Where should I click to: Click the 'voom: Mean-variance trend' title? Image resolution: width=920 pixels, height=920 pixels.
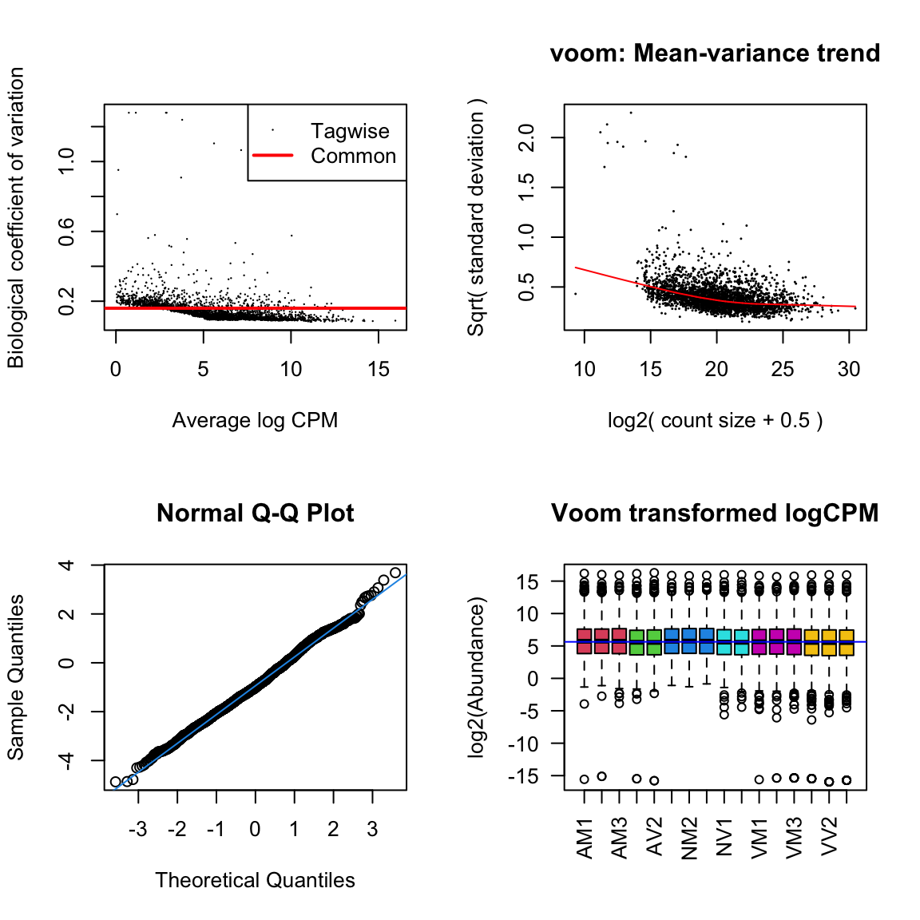click(715, 54)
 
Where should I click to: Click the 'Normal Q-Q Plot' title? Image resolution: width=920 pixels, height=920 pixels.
click(255, 513)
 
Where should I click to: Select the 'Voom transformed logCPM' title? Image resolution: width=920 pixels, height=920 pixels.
click(715, 513)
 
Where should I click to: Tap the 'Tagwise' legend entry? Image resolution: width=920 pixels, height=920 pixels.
click(350, 131)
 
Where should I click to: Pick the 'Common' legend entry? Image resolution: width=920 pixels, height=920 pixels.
click(353, 156)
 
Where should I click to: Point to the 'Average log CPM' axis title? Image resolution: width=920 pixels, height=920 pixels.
click(255, 420)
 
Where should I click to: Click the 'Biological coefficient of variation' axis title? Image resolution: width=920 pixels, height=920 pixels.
click(16, 217)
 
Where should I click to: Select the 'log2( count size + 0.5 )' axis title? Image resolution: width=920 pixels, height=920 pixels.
click(715, 420)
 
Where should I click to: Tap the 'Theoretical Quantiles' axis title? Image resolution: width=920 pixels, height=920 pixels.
click(255, 880)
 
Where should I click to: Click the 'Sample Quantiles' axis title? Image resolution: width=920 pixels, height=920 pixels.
click(16, 677)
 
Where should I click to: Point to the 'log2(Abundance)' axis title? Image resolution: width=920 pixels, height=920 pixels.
click(477, 677)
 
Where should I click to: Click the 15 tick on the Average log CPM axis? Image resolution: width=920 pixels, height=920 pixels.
click(379, 369)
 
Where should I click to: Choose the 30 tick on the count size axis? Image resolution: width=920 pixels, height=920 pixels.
click(849, 369)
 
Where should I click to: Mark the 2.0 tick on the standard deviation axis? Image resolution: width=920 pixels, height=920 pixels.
click(527, 137)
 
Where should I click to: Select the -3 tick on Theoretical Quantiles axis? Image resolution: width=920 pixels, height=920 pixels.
click(138, 829)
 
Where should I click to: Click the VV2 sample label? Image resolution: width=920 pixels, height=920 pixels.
click(830, 837)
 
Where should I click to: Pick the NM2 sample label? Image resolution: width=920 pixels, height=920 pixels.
click(690, 837)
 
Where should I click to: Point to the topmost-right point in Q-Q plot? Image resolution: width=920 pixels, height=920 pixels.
click(395, 573)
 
